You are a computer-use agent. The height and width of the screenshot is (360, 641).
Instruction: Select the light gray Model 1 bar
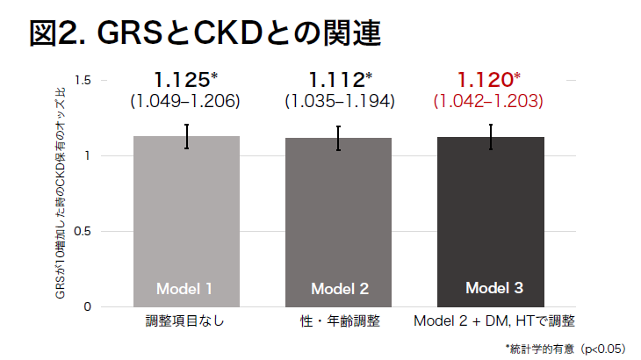(x=186, y=220)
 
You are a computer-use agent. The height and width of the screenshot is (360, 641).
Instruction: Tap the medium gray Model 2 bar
(x=339, y=220)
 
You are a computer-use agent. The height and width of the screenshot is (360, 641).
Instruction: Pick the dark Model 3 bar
(x=492, y=220)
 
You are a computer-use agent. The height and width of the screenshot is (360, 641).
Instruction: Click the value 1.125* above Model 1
(x=185, y=80)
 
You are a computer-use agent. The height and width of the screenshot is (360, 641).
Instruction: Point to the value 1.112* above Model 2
(x=340, y=80)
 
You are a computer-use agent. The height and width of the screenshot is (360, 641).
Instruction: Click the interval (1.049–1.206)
(x=185, y=101)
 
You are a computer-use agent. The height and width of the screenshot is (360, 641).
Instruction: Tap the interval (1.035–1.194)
(x=340, y=101)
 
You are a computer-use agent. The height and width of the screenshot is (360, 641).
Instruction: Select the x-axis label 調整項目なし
(x=185, y=320)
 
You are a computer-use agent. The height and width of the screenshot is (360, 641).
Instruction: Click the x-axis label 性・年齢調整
(x=340, y=320)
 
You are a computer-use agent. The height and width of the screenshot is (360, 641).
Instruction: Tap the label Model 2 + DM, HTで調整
(x=494, y=320)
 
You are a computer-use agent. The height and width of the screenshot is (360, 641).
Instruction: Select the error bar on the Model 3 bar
(x=492, y=137)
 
